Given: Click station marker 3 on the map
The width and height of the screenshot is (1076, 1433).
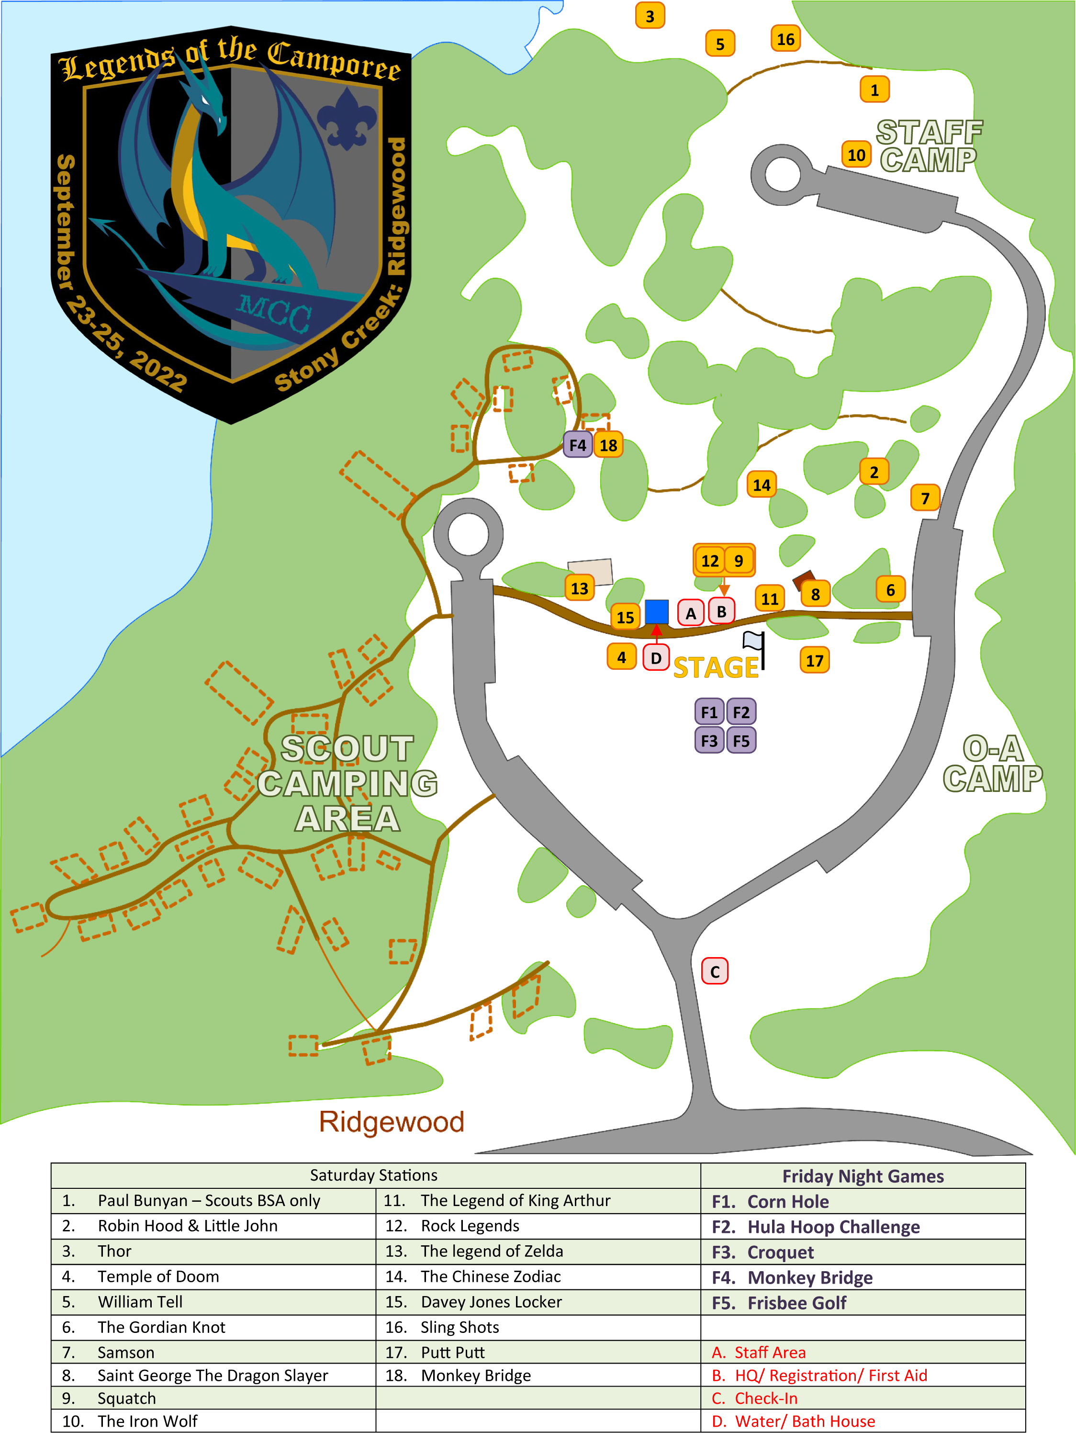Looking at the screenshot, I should [x=650, y=16].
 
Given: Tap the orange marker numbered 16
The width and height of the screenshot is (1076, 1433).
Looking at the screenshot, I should [x=785, y=40].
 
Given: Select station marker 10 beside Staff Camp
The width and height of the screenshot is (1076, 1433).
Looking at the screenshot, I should [x=856, y=155].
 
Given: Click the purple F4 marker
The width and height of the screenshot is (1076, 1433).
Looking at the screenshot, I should [x=577, y=445].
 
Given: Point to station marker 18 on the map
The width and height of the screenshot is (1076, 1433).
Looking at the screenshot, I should [x=608, y=445].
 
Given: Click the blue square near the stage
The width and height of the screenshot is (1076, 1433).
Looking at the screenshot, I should [x=656, y=611].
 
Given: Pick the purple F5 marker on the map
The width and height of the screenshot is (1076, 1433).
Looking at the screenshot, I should [x=741, y=741].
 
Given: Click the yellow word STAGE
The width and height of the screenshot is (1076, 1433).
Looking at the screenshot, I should [x=716, y=668].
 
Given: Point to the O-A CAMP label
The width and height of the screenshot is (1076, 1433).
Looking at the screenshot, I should [x=992, y=765].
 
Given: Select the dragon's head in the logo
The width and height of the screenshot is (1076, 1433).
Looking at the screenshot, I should [x=206, y=103].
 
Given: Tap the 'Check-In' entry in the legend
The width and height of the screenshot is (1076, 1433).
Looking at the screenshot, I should [x=766, y=1398].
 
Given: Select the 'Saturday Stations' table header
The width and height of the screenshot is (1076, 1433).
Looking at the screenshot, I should [x=373, y=1175].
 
